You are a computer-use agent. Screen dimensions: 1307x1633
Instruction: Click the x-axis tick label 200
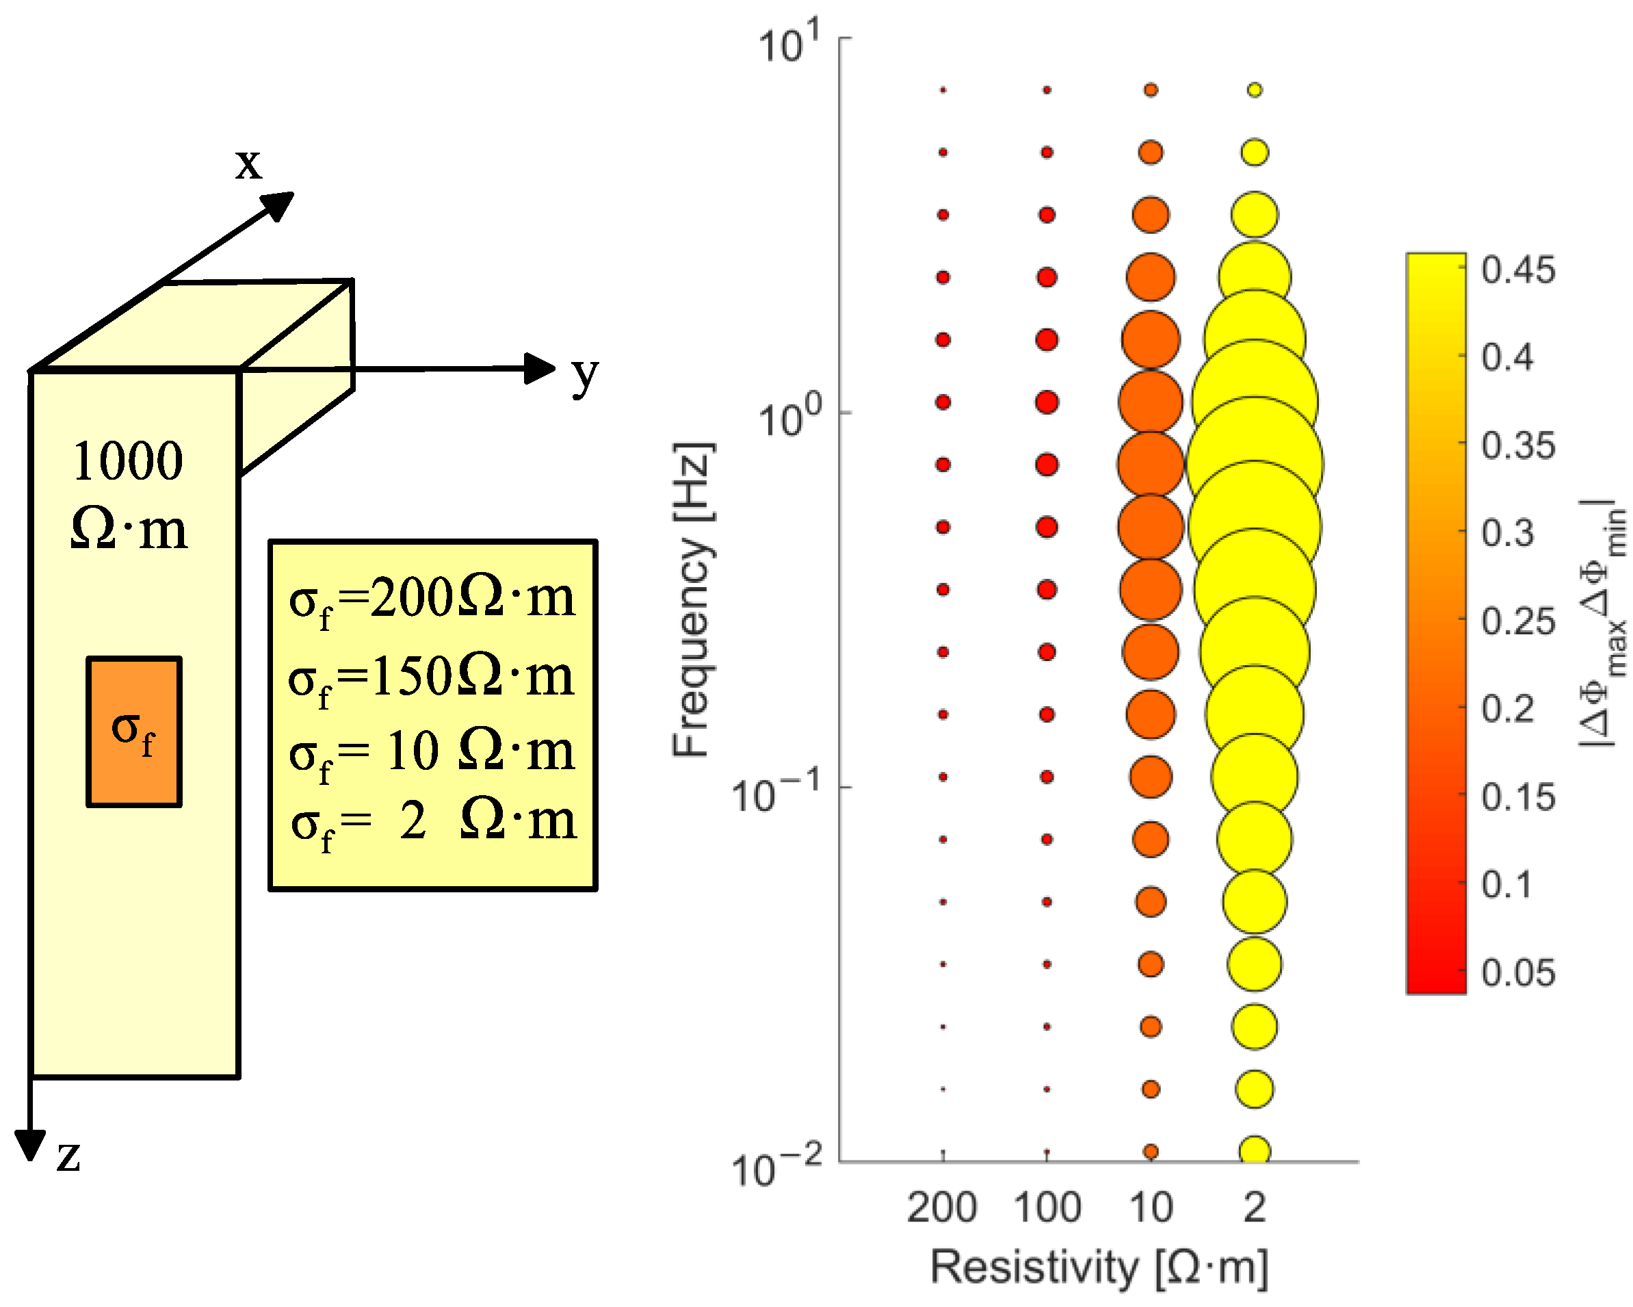941,1207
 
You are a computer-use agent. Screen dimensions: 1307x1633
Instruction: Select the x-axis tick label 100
1047,1207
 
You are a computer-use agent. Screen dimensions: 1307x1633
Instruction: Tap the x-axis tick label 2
1254,1207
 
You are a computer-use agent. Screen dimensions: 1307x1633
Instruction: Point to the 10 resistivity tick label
1151,1207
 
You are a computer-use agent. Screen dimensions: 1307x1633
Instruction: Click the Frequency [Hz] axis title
692,599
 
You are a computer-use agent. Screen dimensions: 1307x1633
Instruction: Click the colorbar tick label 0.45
1518,270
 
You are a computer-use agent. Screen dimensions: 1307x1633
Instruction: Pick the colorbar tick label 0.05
1518,973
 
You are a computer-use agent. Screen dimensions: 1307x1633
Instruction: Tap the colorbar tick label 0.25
1518,621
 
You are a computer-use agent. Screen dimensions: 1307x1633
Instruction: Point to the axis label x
248,163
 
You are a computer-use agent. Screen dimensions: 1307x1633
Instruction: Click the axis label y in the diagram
585,374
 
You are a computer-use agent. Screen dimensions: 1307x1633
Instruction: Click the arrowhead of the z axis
30,1144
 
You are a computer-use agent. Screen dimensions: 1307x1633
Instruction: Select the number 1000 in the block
128,461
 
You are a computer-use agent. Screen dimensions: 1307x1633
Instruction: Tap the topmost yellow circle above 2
1254,90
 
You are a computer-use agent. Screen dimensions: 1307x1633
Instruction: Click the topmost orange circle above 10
1151,90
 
